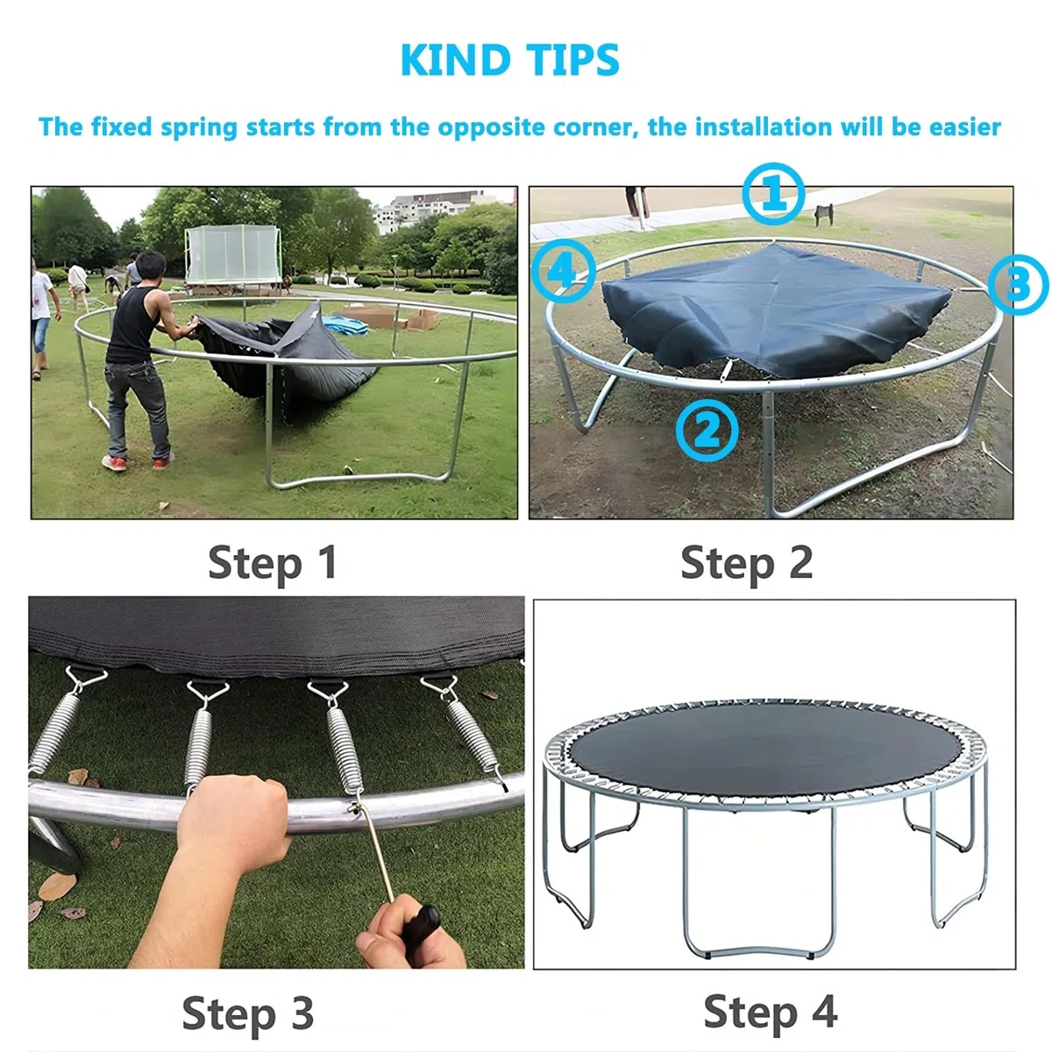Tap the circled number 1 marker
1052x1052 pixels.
pos(773,194)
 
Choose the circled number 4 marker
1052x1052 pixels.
pos(563,271)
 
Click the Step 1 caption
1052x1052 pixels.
pos(273,564)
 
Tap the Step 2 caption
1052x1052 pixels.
pos(746,564)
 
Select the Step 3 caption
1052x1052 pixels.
pos(248,1013)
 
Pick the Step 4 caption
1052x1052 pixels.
pos(771,1012)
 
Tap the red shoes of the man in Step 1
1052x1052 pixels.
pos(138,461)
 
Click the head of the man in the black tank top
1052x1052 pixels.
pos(150,266)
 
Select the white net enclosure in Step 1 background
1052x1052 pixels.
pos(233,254)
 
